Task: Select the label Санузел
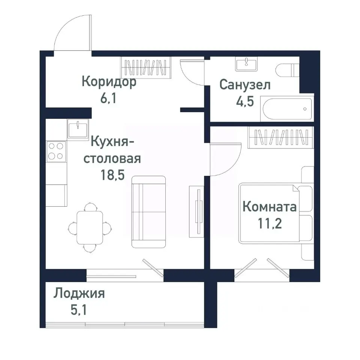point(245,85)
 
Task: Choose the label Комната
point(269,206)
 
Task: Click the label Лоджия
point(79,293)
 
